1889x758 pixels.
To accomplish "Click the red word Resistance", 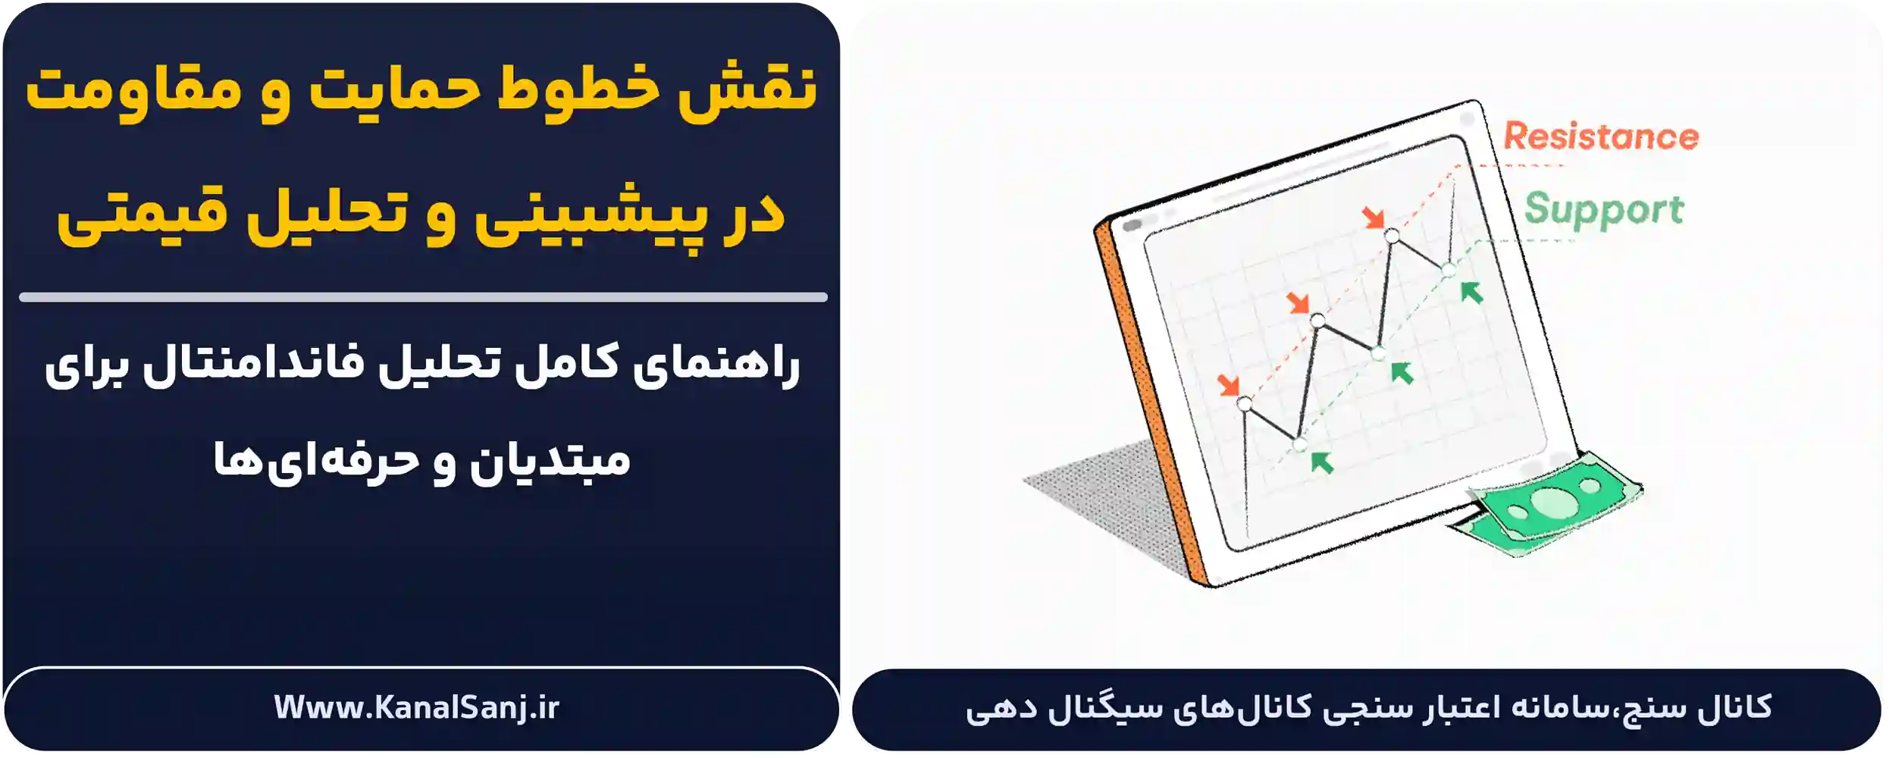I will click(x=1600, y=137).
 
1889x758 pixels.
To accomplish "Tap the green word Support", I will click(x=1603, y=210).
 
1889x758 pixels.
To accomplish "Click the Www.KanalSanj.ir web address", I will click(x=416, y=707).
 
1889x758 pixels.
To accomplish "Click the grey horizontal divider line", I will click(x=423, y=297).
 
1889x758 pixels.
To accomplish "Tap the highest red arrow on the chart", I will click(x=1373, y=218).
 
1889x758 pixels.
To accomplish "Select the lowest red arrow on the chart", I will click(x=1228, y=384).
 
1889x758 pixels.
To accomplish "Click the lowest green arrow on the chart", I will click(x=1322, y=462).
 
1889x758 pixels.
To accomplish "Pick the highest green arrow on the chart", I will click(x=1471, y=292).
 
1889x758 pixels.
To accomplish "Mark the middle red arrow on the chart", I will click(x=1298, y=303).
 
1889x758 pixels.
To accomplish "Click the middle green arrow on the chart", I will click(x=1402, y=372).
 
